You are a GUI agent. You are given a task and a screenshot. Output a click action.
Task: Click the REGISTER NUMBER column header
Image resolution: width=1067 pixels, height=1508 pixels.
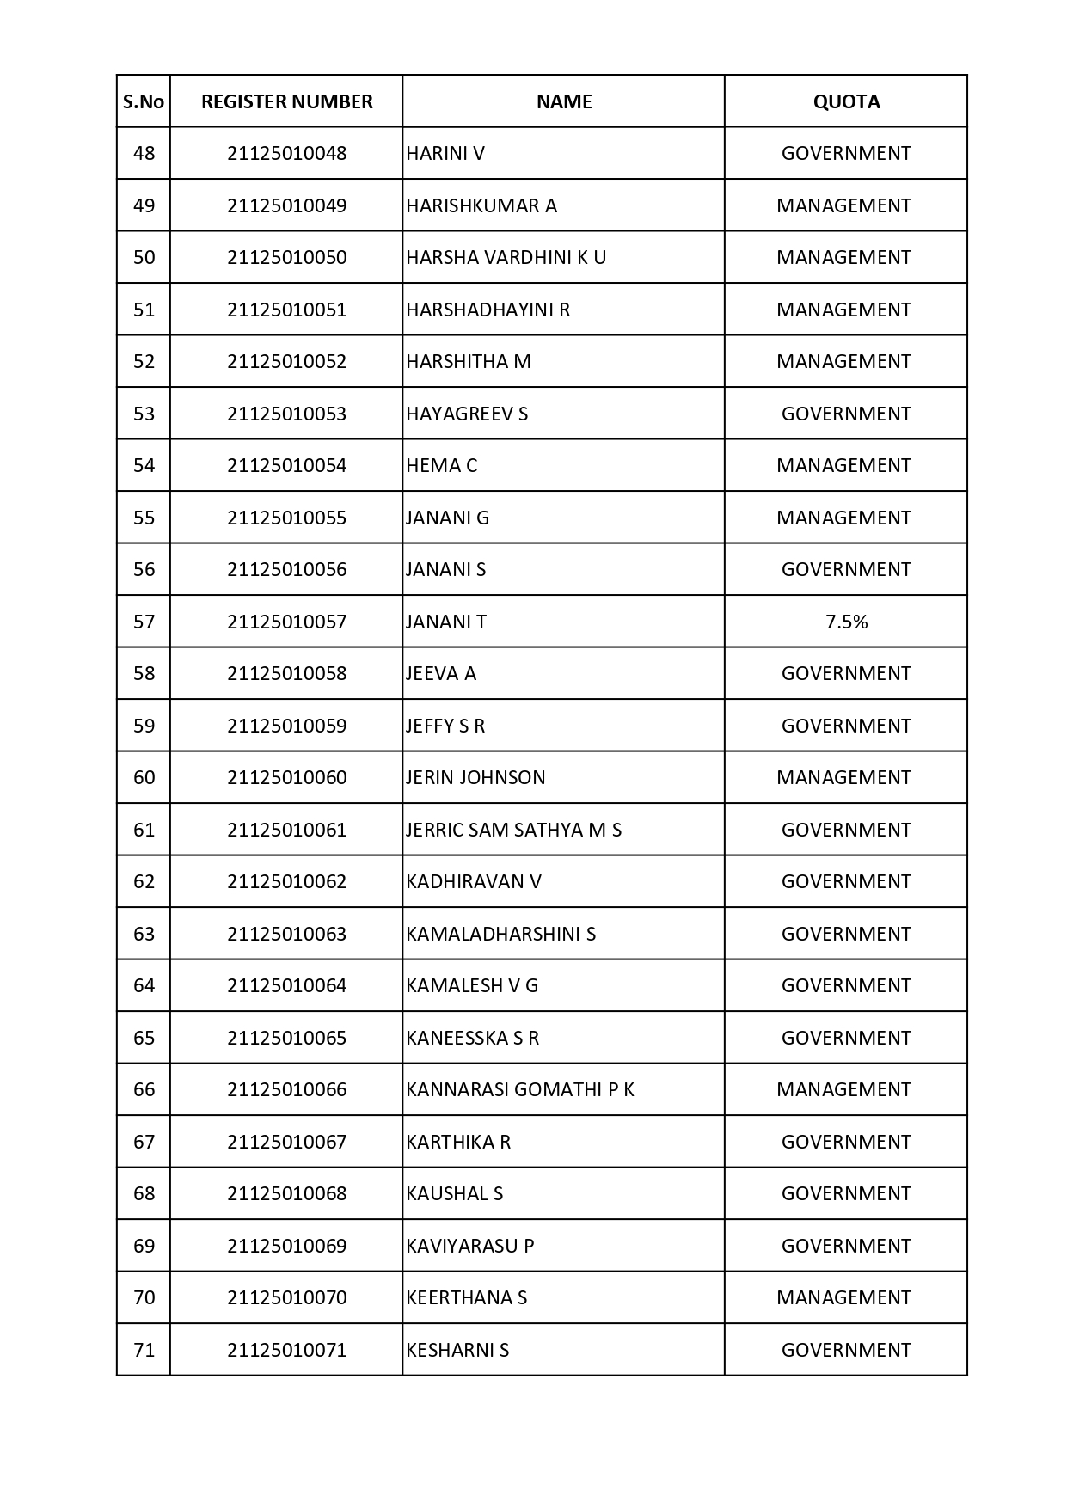tap(286, 101)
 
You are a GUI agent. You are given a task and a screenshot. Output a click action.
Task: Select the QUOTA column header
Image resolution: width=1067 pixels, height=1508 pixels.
tap(846, 101)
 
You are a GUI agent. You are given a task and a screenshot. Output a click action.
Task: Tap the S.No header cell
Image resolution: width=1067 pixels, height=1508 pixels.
tap(144, 101)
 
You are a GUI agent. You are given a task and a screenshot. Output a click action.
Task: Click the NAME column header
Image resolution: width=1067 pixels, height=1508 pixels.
tap(564, 101)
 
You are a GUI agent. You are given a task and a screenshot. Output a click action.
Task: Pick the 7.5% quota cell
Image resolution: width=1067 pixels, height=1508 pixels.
tap(846, 622)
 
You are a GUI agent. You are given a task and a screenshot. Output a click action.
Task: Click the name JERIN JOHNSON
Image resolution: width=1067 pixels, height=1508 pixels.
tap(475, 777)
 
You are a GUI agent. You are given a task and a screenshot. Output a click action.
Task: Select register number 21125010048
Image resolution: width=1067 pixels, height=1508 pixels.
tap(286, 153)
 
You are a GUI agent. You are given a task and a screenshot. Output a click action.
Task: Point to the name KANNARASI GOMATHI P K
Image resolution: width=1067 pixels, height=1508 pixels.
tap(520, 1089)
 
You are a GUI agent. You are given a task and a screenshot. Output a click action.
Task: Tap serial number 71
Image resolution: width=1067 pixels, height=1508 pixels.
tap(144, 1350)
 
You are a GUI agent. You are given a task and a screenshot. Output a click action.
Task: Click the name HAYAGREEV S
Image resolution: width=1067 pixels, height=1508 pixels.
tap(467, 414)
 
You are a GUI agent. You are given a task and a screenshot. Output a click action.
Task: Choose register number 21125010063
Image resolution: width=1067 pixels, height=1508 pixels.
tap(286, 934)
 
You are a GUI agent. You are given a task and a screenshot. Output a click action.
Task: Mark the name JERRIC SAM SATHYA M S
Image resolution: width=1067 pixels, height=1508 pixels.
tap(513, 830)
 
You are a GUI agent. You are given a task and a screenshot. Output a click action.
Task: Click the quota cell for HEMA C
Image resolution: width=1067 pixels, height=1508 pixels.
tap(843, 465)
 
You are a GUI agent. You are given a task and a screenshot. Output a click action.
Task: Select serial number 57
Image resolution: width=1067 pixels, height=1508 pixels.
tap(144, 622)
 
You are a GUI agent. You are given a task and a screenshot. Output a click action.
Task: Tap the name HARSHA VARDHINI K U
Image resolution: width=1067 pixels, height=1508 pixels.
tap(506, 257)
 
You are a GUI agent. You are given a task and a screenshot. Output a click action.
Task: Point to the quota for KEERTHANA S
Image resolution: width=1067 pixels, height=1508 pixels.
tap(843, 1297)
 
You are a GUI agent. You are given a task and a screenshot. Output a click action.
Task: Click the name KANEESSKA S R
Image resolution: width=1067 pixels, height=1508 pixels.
tap(472, 1038)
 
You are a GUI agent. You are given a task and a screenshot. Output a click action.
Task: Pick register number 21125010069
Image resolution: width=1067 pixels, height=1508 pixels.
tap(286, 1246)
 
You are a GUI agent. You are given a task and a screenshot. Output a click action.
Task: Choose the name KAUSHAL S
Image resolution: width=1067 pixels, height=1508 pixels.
tap(454, 1193)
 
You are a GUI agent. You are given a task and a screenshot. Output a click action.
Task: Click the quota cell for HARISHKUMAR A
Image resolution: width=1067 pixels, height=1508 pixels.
tap(843, 205)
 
